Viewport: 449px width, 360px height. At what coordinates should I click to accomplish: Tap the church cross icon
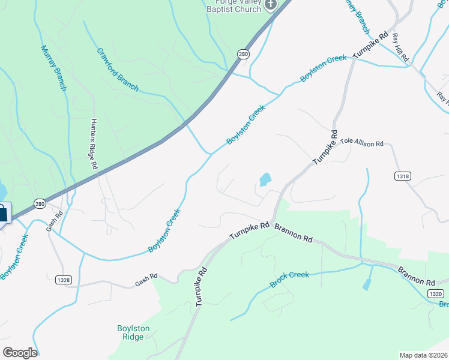coord(270,5)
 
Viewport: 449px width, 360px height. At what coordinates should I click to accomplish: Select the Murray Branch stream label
coord(53,68)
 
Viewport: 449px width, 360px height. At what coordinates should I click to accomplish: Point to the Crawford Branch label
coord(118,69)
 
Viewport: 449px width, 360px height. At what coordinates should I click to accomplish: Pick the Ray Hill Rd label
coord(400,47)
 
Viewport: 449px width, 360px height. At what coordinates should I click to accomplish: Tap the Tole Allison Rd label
coord(362,143)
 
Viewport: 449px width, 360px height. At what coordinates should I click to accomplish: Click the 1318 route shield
coord(403,176)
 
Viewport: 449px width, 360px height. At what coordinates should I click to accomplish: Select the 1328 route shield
coord(63,279)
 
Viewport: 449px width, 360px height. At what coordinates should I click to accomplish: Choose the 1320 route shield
coord(436,293)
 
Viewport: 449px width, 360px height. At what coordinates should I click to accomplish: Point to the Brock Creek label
coord(289,279)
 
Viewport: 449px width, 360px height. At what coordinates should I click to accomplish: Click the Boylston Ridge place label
coord(130,332)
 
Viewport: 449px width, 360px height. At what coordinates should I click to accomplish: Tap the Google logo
coord(20,353)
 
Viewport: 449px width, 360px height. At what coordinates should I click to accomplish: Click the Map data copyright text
coord(424,355)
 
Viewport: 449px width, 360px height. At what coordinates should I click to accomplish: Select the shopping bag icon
coord(3,214)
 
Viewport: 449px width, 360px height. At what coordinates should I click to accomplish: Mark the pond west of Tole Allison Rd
coord(264,179)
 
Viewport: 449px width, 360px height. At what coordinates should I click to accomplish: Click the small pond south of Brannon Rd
coord(366,285)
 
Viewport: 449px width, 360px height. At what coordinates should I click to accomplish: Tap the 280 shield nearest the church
coord(243,54)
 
